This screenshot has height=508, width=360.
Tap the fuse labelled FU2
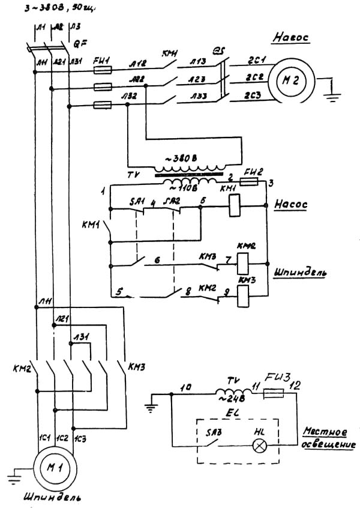click(x=248, y=181)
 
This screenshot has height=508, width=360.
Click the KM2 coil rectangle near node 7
click(x=244, y=262)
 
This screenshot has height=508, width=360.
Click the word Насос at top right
click(x=290, y=37)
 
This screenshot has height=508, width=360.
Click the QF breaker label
click(x=77, y=43)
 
